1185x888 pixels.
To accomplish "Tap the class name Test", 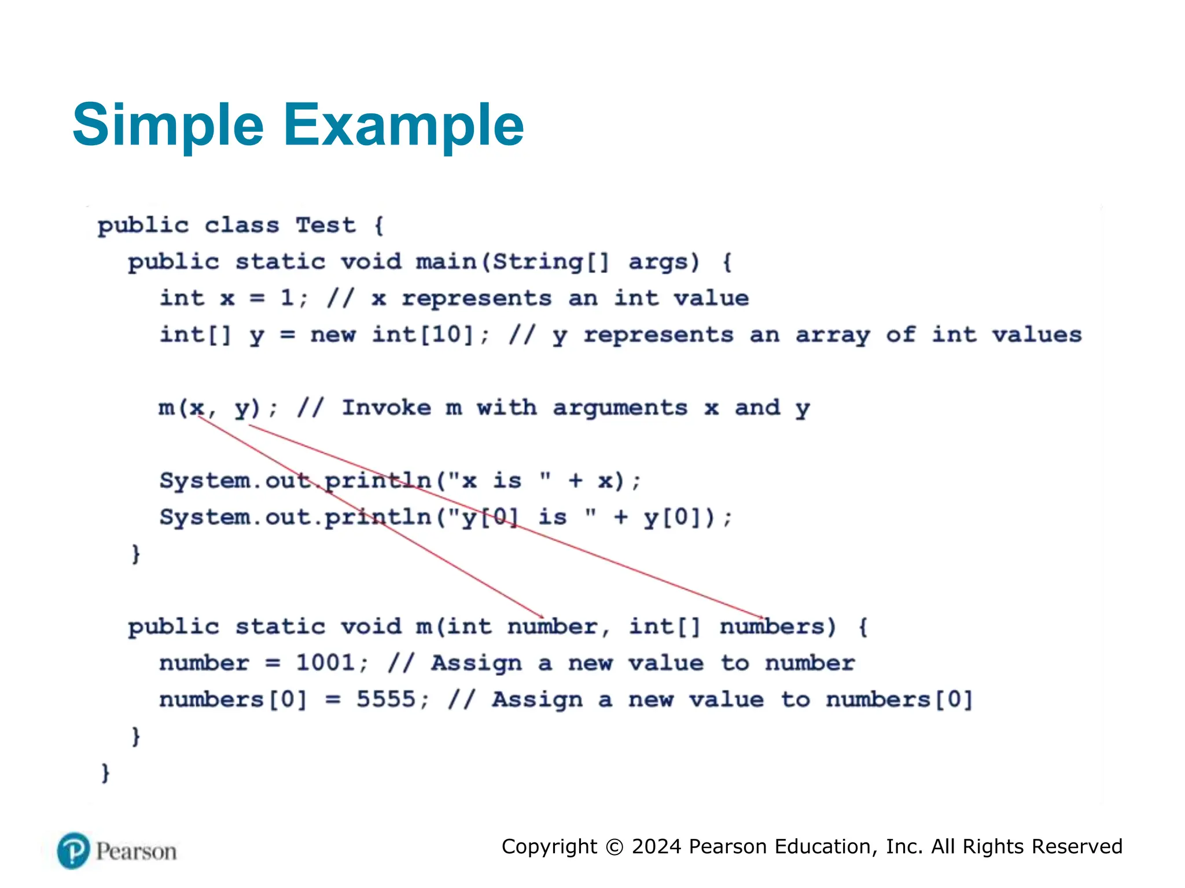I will (326, 225).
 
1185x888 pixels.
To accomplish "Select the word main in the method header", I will (446, 262).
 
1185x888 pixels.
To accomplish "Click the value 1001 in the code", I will (325, 663).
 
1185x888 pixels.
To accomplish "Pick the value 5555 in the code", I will (386, 699).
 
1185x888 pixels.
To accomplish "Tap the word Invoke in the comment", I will (387, 408).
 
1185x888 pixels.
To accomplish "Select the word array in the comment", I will (833, 335).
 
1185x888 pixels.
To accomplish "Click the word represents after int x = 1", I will (477, 299).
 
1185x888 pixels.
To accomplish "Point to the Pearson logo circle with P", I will (73, 850).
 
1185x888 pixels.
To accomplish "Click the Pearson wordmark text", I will (137, 852).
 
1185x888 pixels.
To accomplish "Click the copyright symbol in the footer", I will (614, 847).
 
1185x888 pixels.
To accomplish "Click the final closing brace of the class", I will (105, 772).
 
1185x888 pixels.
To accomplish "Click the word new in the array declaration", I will (333, 335).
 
